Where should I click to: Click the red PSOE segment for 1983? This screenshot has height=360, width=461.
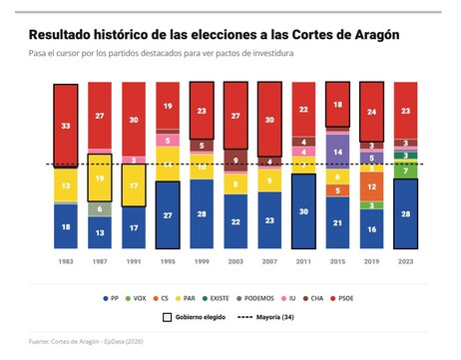pyautogui.click(x=66, y=126)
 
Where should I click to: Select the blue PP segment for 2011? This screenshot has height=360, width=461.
pyautogui.click(x=304, y=211)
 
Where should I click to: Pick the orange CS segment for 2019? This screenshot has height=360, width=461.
pyautogui.click(x=372, y=185)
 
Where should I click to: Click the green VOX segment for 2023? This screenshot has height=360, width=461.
pyautogui.click(x=406, y=172)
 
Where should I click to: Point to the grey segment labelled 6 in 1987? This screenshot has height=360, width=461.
pyautogui.click(x=100, y=209)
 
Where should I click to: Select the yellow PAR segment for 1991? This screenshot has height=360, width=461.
pyautogui.click(x=134, y=185)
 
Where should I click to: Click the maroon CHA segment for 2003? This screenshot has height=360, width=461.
pyautogui.click(x=236, y=160)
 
